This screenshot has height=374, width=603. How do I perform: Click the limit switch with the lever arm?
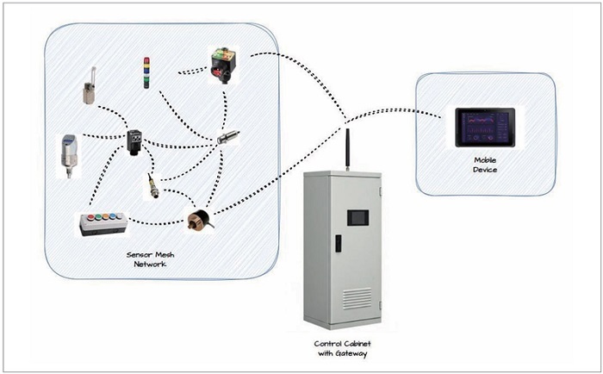[89, 88]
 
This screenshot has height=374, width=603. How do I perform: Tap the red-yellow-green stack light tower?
[146, 73]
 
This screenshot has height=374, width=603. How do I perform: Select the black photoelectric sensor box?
[137, 141]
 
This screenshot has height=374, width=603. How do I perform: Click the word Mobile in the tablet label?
[486, 160]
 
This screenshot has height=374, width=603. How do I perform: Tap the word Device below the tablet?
[486, 170]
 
